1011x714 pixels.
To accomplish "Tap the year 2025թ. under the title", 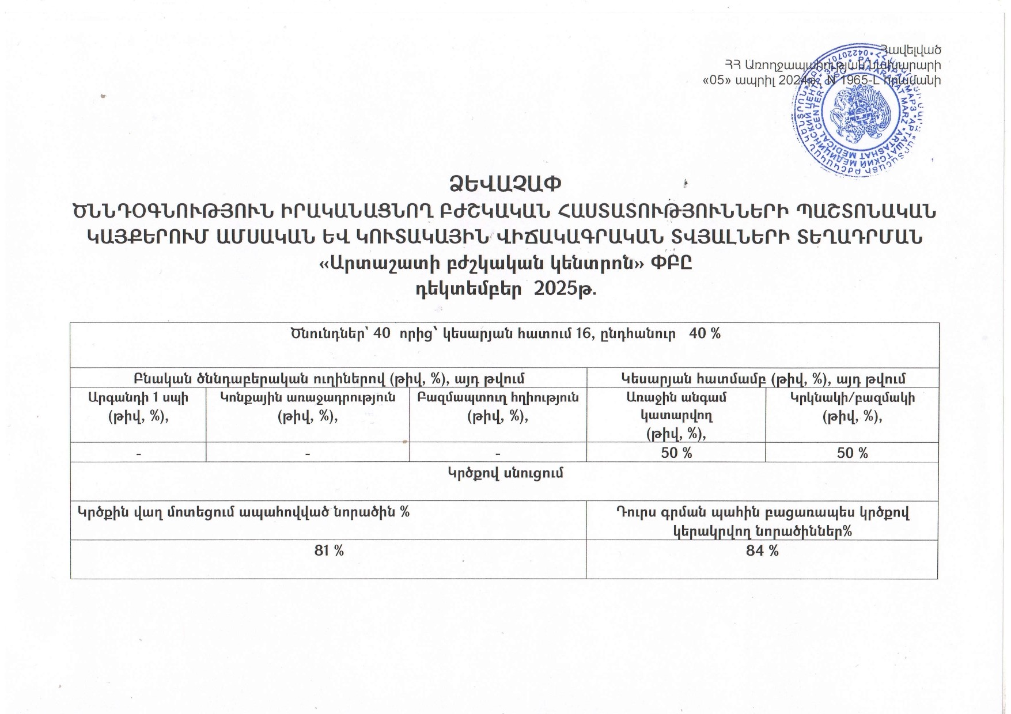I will [x=565, y=288].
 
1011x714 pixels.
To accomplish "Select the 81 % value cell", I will [x=329, y=551].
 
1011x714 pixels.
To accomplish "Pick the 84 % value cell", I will [x=762, y=551].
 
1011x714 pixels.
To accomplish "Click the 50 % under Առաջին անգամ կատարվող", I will [x=676, y=453].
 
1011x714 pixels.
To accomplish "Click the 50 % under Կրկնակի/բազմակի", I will [x=852, y=453].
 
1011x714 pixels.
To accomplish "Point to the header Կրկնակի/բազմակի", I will [x=852, y=398].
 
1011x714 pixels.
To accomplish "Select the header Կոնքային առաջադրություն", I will [x=308, y=398].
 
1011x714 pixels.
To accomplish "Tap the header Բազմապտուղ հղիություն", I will [x=498, y=398].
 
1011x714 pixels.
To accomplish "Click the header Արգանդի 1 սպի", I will [x=138, y=398].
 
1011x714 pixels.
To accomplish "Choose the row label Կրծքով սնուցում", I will [x=505, y=473].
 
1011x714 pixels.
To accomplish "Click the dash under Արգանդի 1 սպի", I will [x=138, y=454].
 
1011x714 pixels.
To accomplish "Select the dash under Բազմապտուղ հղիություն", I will [x=498, y=454].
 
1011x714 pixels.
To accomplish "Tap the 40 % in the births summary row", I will [x=705, y=333].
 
